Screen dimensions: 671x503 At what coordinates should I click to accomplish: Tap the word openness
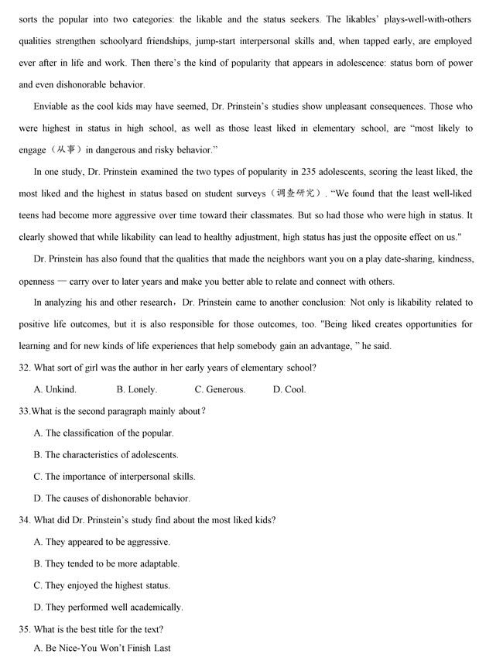tap(37, 281)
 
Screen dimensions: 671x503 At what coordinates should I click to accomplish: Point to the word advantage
tap(327, 346)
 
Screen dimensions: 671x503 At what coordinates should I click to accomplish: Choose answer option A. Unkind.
tap(55, 389)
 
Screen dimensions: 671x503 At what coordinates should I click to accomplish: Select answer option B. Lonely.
tap(137, 389)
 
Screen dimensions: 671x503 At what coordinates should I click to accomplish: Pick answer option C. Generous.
tap(220, 389)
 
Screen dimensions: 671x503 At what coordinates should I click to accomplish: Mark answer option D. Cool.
tap(289, 389)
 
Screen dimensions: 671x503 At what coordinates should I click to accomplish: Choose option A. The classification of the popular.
tap(104, 433)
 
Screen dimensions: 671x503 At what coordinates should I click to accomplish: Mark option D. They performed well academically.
tap(108, 607)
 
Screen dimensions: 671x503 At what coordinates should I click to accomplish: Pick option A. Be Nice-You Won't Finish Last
tap(102, 648)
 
